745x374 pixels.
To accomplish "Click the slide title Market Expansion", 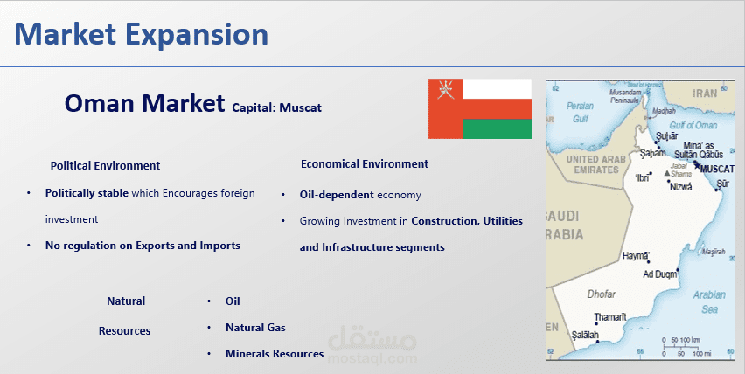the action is tap(141, 35).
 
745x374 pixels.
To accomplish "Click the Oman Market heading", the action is tap(144, 103).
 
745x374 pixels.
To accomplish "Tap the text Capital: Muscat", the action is tap(276, 108).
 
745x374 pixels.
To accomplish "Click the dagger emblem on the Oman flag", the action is tap(446, 89).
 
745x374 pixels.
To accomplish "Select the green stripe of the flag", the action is tap(497, 128).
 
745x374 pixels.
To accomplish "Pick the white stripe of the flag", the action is tap(497, 89).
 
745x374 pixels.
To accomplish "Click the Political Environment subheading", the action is tap(105, 166).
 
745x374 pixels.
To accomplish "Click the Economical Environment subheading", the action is tap(365, 164).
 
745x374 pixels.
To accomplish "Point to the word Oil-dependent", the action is tap(337, 195).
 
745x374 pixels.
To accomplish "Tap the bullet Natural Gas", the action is tap(255, 328).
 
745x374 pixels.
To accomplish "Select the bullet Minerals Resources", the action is tap(275, 354).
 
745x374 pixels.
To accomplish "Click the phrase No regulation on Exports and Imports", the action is tap(143, 246).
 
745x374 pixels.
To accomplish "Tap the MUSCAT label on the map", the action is tap(717, 169).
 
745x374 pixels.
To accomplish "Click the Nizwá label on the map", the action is tap(681, 187).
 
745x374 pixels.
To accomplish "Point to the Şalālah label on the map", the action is tap(585, 335).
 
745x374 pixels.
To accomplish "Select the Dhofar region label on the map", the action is tap(601, 294).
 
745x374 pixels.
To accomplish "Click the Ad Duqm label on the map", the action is tap(659, 274).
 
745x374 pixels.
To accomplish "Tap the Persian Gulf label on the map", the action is tap(580, 113).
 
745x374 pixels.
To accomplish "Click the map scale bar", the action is tap(681, 348).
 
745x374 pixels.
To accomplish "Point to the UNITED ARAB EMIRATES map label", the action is tap(595, 164).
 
